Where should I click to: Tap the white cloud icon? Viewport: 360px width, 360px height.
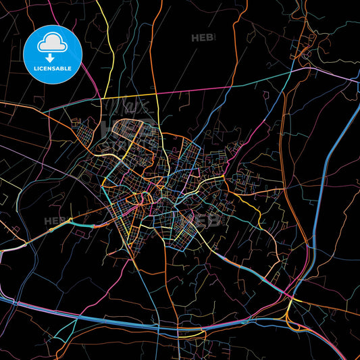(52, 42)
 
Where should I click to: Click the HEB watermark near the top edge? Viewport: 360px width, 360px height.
(202, 38)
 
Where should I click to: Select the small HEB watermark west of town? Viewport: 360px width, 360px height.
(54, 221)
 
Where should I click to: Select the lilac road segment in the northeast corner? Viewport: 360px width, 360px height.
(334, 74)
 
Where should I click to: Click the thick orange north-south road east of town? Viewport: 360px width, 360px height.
(284, 169)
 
